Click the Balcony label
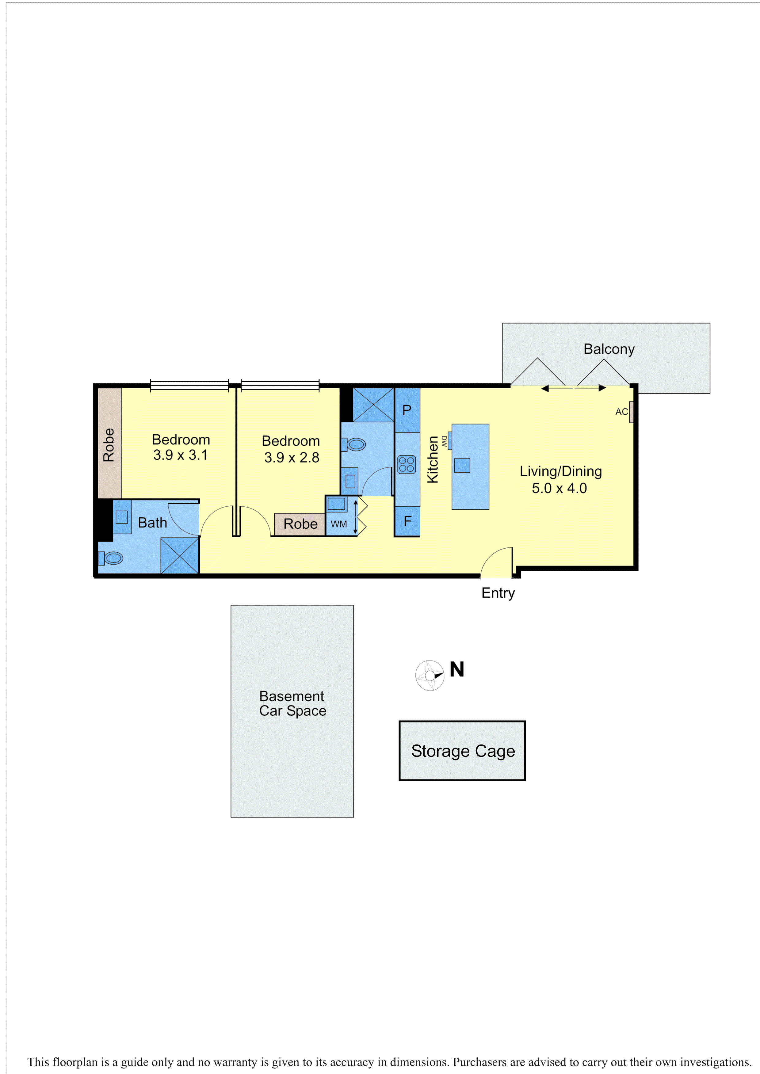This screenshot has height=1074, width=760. coord(609,349)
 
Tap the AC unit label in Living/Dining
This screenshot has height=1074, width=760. coord(621,412)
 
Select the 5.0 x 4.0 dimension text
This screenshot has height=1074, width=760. coord(559,488)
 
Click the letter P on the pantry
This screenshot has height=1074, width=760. coord(407,410)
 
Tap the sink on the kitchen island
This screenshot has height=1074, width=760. coord(462,466)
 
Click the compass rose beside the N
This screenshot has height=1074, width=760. coord(430,675)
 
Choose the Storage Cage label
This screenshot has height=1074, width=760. coord(463,751)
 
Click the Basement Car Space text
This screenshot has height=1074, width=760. coord(292,703)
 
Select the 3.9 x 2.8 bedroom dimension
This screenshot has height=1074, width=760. coord(292,458)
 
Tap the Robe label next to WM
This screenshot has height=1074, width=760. coord(300,524)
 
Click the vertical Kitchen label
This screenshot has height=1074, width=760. coord(433,459)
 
